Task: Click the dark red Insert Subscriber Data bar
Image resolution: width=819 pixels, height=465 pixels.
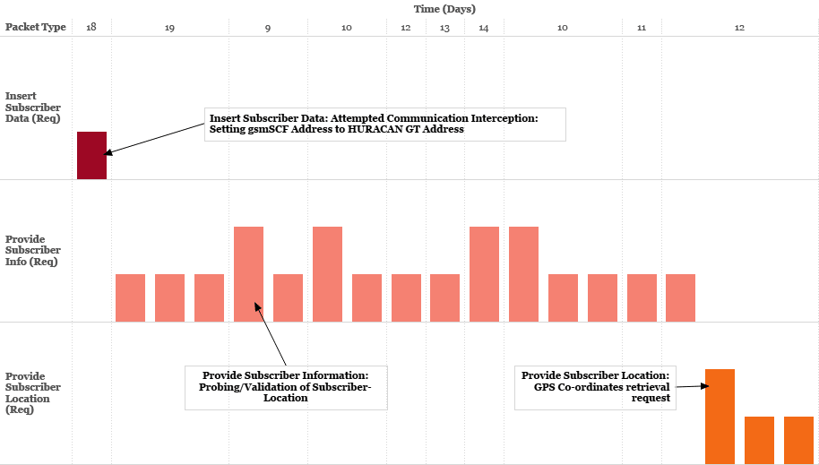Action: click(91, 155)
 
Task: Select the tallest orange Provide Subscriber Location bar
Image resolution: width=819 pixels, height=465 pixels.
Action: click(720, 416)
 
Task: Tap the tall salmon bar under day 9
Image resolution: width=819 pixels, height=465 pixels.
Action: click(248, 273)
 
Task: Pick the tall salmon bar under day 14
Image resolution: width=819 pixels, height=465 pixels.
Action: click(484, 273)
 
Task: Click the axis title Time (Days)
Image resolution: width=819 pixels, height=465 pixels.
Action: click(444, 9)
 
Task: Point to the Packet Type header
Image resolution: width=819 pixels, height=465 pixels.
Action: click(36, 27)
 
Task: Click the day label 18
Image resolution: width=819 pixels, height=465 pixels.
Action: click(91, 27)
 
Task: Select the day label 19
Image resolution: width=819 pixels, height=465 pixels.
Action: click(169, 28)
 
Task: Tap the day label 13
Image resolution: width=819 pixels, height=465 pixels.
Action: click(444, 28)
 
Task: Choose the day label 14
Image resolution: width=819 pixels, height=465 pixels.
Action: click(484, 28)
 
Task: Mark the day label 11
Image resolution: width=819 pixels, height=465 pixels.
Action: click(642, 28)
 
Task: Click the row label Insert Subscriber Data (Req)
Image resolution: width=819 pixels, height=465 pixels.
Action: click(33, 108)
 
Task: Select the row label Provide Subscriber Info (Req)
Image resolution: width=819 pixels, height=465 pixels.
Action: click(33, 251)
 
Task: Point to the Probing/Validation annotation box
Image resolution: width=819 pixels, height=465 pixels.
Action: click(286, 387)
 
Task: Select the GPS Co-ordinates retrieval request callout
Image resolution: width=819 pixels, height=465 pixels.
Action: click(595, 387)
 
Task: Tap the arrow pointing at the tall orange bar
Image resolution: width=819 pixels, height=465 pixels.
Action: click(692, 386)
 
